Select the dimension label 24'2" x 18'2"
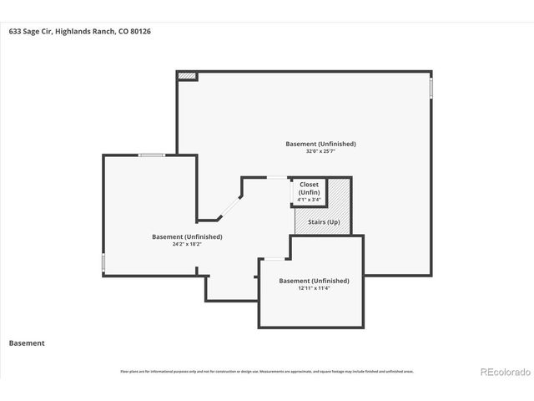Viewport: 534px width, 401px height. [x=186, y=244]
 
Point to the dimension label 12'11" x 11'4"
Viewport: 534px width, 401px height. [x=314, y=288]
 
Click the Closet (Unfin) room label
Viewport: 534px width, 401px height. [x=309, y=188]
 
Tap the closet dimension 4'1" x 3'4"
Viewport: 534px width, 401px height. [x=309, y=200]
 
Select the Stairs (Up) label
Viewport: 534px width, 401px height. [x=322, y=221]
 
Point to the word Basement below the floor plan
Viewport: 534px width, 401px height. [x=27, y=343]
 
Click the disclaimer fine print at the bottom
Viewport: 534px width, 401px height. [x=267, y=371]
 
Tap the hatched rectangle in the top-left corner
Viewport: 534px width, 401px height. [x=188, y=76]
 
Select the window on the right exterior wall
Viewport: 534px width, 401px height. [x=431, y=87]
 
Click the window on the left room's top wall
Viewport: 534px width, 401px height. [x=151, y=155]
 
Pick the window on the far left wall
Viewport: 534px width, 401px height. [x=103, y=263]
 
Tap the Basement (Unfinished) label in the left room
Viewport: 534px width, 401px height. [x=186, y=236]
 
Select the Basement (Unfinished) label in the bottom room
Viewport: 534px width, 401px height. [x=314, y=281]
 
